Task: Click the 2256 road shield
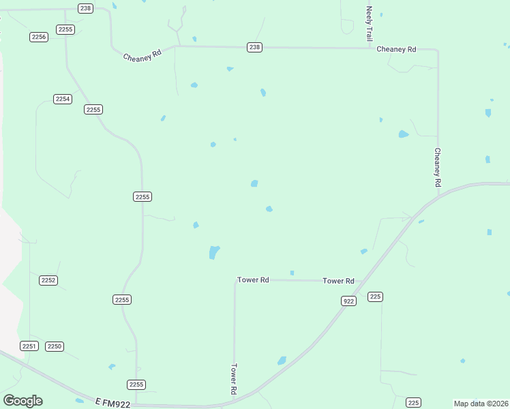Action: (39, 37)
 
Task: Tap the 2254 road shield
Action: (63, 99)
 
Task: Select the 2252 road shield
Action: (48, 280)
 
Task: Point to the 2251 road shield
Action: (29, 346)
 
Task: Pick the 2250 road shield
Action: (55, 346)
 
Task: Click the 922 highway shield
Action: (348, 301)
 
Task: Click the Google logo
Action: (22, 401)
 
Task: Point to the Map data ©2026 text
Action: (480, 404)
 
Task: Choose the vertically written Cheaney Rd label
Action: (438, 168)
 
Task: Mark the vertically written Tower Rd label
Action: (233, 379)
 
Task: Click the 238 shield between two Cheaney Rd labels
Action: (254, 47)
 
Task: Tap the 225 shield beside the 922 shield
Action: (375, 297)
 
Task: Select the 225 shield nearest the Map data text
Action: (413, 402)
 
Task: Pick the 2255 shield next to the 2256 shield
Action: (65, 29)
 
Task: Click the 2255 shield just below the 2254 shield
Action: (93, 110)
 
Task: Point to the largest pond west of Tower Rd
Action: (214, 252)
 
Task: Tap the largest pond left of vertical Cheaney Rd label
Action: (403, 134)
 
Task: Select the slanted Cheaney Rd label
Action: (142, 57)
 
